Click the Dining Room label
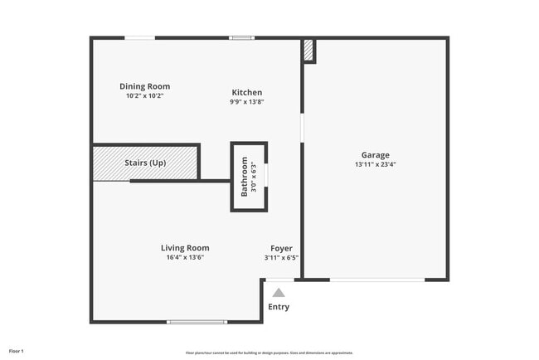point(144,86)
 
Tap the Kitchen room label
point(246,92)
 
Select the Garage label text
point(375,155)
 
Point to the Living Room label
point(184,247)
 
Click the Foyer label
point(281,248)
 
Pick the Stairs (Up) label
point(145,163)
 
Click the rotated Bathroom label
point(245,177)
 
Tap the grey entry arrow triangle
point(279,292)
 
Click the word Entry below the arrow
point(279,308)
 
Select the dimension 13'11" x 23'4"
point(375,164)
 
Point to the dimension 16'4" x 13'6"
point(184,257)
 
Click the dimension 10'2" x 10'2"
point(144,95)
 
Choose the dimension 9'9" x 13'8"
point(246,102)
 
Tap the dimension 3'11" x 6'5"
point(281,257)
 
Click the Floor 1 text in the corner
point(17,352)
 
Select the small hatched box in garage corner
point(308,51)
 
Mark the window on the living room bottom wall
point(197,322)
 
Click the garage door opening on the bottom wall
point(377,280)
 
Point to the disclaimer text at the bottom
point(269,353)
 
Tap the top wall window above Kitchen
point(241,37)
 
